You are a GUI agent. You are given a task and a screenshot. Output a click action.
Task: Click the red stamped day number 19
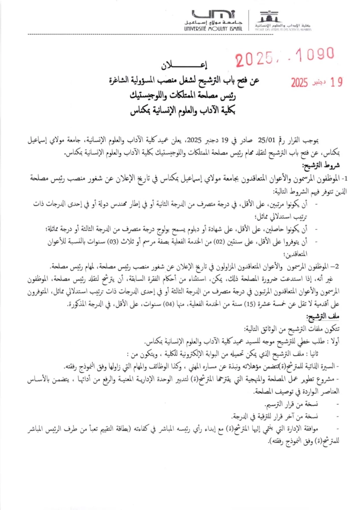coord(337,82)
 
